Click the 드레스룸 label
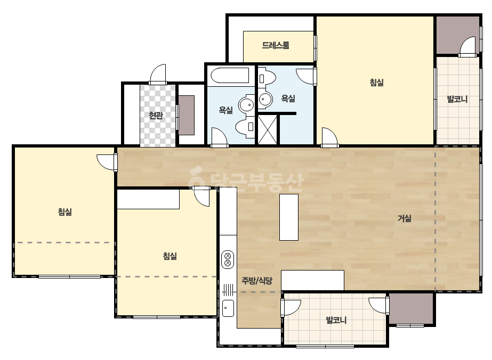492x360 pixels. pos(275,45)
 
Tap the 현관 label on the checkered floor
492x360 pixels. pos(156,116)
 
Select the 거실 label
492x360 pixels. pos(405,218)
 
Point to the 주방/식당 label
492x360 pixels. pos(257,281)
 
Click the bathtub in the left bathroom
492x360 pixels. pos(230,76)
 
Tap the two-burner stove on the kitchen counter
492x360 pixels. pos(228,259)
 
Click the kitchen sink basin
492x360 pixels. pos(228,308)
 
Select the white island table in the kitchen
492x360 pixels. pos(289,217)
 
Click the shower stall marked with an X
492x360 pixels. pos(268,130)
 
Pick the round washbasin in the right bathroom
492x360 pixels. pos(265,99)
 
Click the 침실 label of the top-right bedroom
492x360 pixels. pos(376,83)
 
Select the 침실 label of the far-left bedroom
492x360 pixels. pos(65,211)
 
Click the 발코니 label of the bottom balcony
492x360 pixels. pos(336,320)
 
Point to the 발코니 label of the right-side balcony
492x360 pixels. pos(457,99)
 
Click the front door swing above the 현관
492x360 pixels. pos(158,74)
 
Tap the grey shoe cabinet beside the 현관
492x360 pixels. pos(187,116)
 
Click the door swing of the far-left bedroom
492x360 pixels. pos(107,162)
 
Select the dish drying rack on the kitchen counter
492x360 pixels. pos(228,288)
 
